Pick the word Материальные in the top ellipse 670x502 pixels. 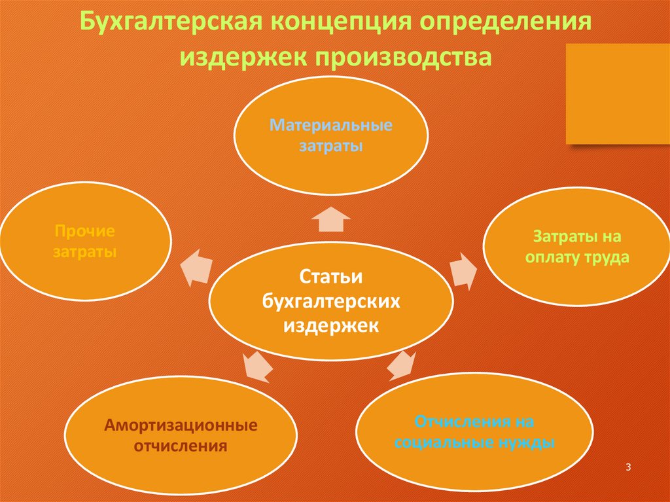click(x=331, y=124)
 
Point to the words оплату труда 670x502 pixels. click(x=576, y=257)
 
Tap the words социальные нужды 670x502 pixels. click(x=475, y=443)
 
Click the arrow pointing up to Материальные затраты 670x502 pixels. click(x=331, y=219)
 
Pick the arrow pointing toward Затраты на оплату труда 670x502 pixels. click(x=465, y=268)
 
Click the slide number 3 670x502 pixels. click(x=628, y=467)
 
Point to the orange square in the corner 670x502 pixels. click(x=617, y=94)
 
